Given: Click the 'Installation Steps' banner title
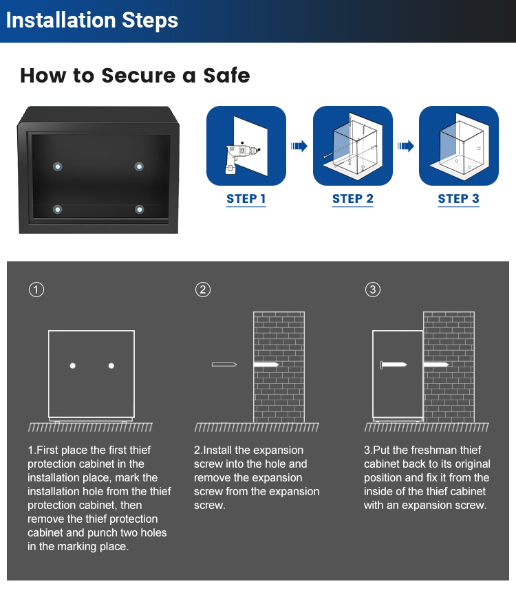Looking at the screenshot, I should coord(92,20).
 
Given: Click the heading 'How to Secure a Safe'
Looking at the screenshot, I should coord(135,75).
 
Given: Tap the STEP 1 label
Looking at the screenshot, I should coord(246,199).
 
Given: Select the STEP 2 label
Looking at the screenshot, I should coord(352,199).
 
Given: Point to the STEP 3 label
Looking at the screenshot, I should coord(458,199).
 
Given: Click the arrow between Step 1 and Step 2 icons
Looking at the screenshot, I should coord(299,146).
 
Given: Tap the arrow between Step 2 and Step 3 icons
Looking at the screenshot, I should coord(406,146).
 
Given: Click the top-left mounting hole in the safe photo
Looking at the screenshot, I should coord(57,166).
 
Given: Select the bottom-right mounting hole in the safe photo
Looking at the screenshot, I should coord(140,209).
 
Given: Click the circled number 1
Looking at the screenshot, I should coord(36,290).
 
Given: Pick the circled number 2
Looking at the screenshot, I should coord(202,290).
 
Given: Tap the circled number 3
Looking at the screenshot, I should coord(372,290).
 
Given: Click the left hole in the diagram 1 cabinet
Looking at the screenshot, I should coord(73,365).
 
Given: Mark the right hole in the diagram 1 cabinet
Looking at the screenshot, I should coord(111,365).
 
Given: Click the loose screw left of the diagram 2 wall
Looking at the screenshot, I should coord(224,364).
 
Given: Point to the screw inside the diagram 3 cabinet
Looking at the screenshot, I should coord(394,364).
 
